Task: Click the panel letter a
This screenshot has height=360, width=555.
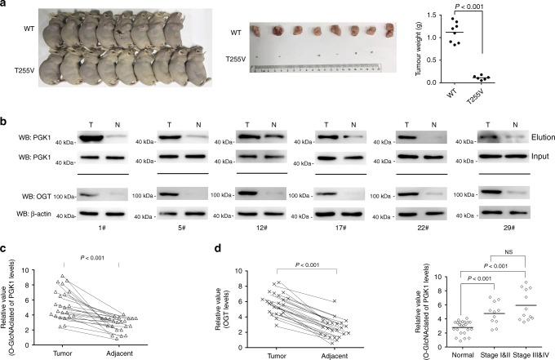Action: [x=5, y=5]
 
